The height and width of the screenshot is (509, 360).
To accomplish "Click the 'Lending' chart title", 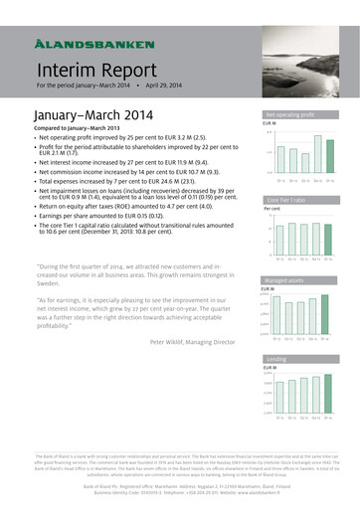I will click(276, 359).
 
